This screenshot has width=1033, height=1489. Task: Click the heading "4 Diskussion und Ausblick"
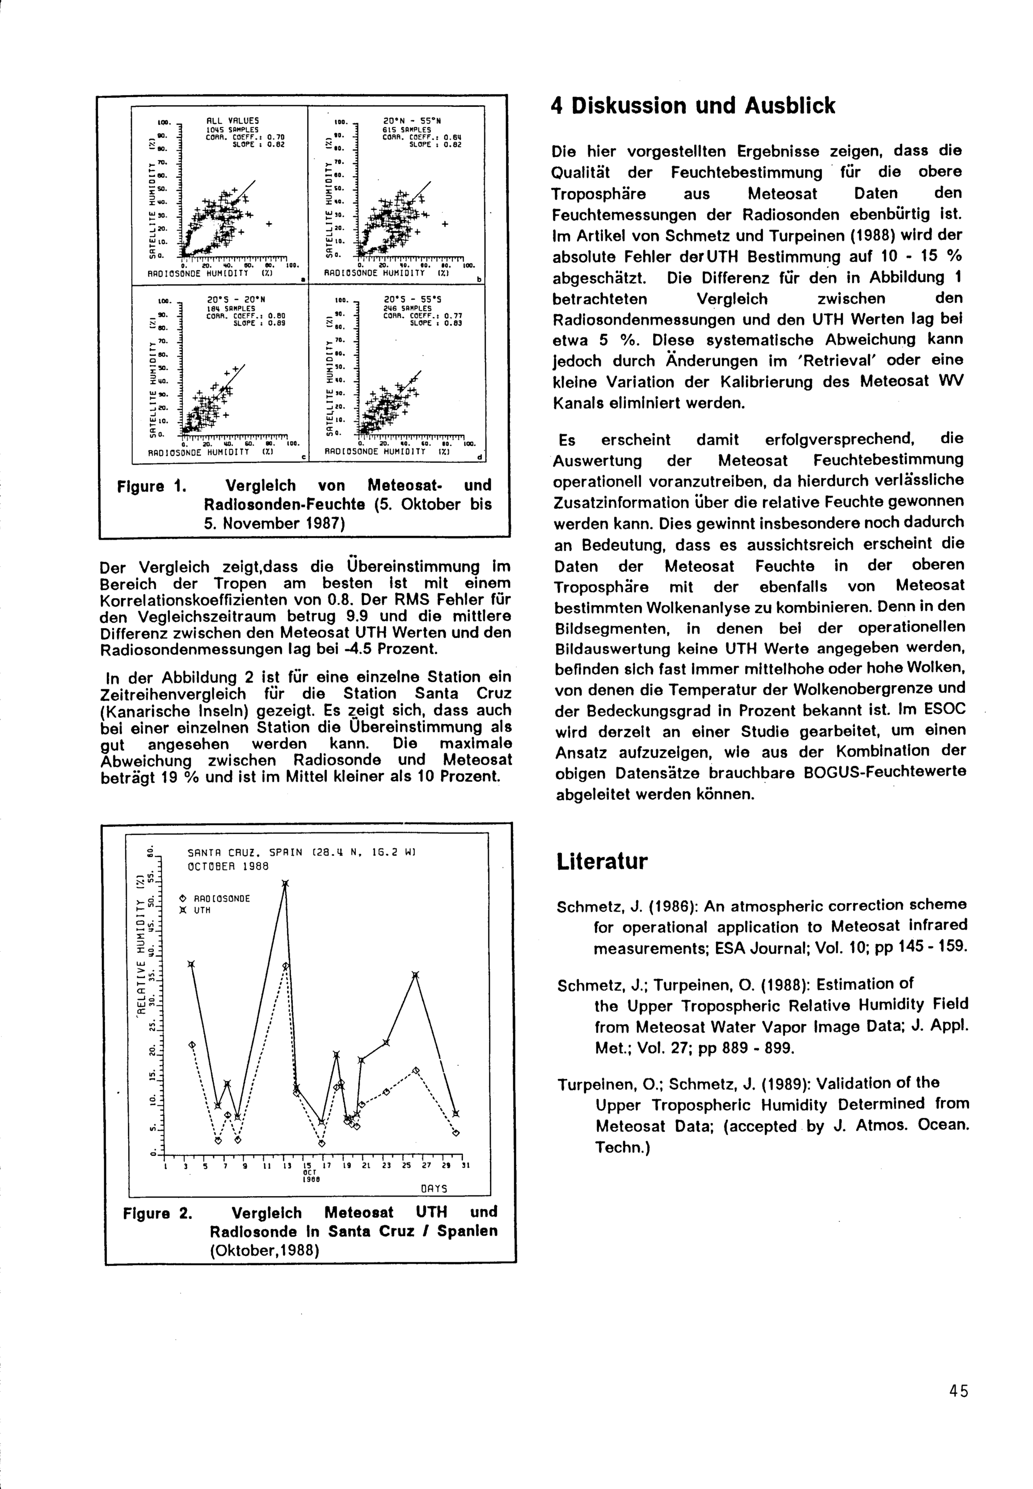click(693, 105)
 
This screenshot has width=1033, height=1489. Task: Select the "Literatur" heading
click(601, 862)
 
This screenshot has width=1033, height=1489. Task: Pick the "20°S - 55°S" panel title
click(412, 300)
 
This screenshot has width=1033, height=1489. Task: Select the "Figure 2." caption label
click(158, 1212)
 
